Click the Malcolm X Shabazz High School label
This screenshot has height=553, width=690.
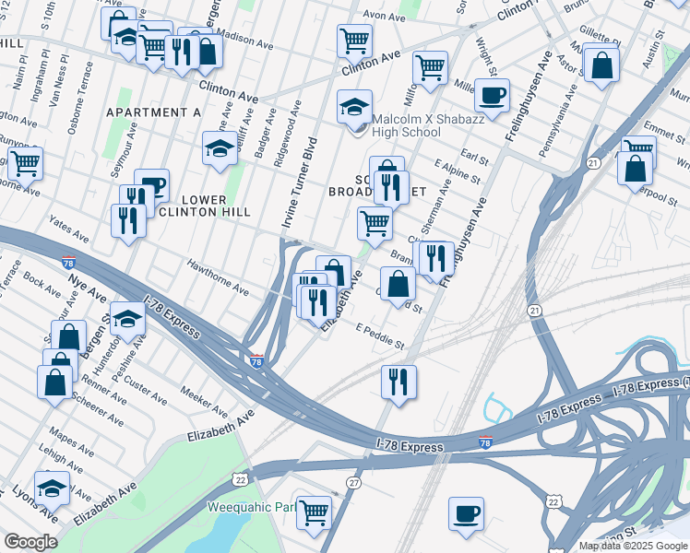pyautogui.click(x=417, y=124)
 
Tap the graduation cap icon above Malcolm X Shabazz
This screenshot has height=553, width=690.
pyautogui.click(x=354, y=107)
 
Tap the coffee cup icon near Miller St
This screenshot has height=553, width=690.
pyautogui.click(x=493, y=93)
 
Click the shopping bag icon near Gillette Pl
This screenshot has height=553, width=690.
pyautogui.click(x=601, y=65)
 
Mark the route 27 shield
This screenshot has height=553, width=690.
pyautogui.click(x=355, y=483)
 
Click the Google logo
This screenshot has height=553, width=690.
pyautogui.click(x=30, y=542)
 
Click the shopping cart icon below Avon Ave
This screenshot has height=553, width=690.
pyautogui.click(x=354, y=40)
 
